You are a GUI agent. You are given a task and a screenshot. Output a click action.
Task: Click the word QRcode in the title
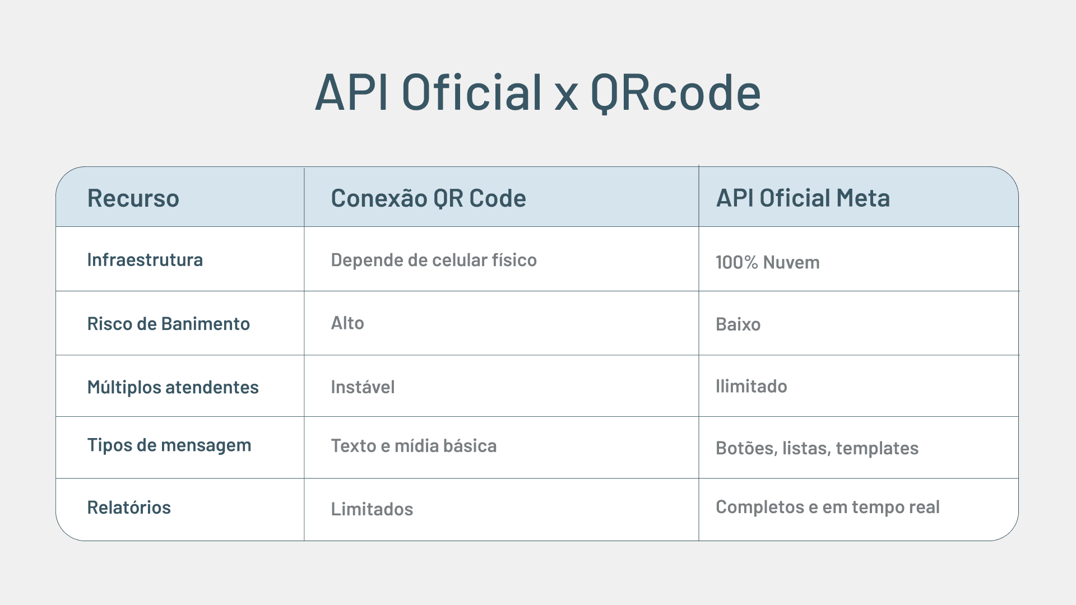pos(675,92)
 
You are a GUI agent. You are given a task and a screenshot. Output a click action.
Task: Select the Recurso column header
pos(133,198)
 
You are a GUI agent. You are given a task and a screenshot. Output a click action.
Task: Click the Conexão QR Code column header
pos(428,198)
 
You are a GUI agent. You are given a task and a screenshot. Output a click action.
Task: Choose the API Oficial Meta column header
pos(803,198)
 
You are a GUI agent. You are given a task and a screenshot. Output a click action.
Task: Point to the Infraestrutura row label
pos(145,260)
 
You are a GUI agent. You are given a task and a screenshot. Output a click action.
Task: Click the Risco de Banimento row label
pos(168,324)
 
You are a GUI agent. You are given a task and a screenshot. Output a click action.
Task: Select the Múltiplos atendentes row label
pos(173,387)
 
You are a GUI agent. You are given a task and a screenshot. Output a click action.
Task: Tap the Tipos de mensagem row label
pos(169,445)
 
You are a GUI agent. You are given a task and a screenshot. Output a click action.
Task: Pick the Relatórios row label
pos(129,508)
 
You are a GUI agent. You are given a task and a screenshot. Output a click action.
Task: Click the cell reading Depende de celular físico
pos(433,260)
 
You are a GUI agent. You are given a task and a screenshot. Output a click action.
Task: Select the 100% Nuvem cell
pos(767,262)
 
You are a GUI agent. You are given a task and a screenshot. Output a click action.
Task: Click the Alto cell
pos(347,323)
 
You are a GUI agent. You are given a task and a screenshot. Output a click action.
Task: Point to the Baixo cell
pos(738,324)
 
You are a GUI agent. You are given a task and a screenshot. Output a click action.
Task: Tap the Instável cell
pos(362,387)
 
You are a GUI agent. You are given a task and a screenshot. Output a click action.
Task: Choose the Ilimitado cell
pos(751,387)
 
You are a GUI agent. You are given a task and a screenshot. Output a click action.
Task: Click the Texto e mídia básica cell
pos(413,446)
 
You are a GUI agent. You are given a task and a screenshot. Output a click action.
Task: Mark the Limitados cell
pos(372,509)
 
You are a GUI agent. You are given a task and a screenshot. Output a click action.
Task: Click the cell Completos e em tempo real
pos(827,507)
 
